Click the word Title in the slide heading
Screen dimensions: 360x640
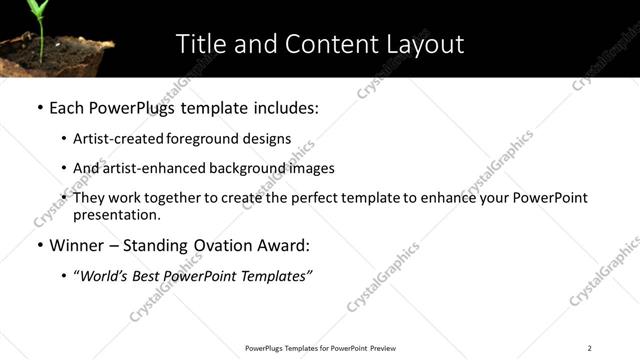[199, 44]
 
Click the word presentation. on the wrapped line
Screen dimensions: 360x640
[116, 214]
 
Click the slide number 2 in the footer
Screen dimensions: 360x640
[589, 348]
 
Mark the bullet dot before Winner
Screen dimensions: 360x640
[39, 245]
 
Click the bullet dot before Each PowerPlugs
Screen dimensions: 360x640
[39, 107]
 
